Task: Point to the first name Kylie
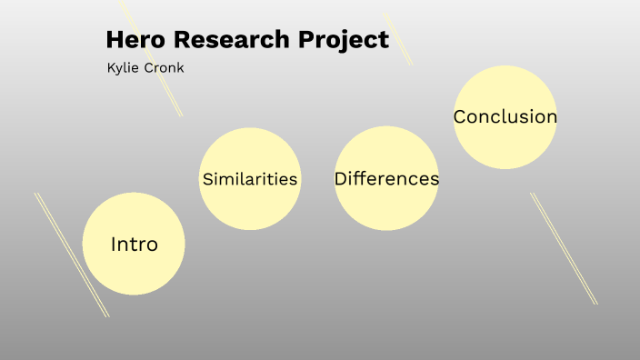(124, 68)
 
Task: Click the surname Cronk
(165, 68)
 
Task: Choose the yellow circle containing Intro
(134, 268)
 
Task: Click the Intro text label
(134, 244)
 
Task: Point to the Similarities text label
(250, 179)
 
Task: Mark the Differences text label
(386, 179)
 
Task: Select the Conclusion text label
(505, 116)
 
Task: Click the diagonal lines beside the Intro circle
(71, 254)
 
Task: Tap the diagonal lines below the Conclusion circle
(564, 247)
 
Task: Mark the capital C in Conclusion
(461, 116)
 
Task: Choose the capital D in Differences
(342, 179)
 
